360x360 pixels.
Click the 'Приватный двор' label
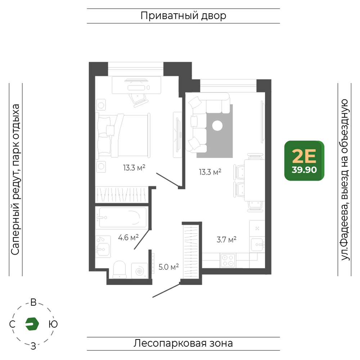click(183, 16)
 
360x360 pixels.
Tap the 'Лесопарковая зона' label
click(183, 343)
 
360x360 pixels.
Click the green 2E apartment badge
click(304, 161)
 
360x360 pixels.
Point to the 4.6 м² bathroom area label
click(128, 237)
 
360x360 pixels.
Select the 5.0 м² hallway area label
click(168, 267)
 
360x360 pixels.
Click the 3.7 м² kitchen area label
click(226, 240)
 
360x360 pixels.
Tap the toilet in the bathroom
click(120, 270)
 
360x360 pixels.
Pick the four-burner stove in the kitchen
click(228, 260)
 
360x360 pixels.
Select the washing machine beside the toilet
click(140, 271)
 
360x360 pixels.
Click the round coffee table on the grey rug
click(217, 126)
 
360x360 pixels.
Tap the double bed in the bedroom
click(123, 136)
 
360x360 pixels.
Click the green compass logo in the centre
click(32, 324)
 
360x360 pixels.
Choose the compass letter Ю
click(53, 324)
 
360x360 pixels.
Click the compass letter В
click(33, 302)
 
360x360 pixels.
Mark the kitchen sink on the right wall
click(257, 245)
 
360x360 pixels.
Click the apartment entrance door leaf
click(166, 291)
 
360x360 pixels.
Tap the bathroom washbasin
click(103, 247)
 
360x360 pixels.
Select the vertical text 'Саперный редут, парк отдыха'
click(15, 180)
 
